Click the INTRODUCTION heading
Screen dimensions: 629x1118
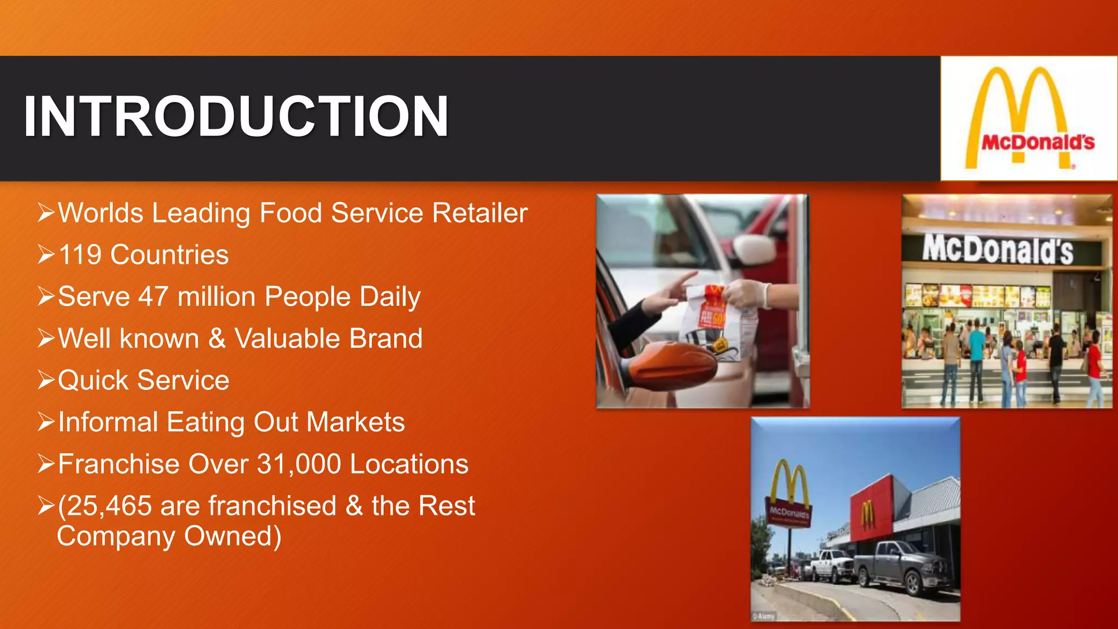[236, 116]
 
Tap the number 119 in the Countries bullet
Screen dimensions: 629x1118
[80, 255]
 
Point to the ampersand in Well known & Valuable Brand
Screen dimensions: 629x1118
[217, 339]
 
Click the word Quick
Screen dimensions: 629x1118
[93, 381]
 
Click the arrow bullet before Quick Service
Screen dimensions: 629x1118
[46, 380]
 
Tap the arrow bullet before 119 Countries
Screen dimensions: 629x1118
[46, 255]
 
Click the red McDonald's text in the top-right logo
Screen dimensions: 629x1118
[1038, 143]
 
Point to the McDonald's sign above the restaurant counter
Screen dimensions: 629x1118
[997, 250]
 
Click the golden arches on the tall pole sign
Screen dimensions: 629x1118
[789, 480]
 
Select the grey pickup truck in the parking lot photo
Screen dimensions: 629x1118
[901, 568]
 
